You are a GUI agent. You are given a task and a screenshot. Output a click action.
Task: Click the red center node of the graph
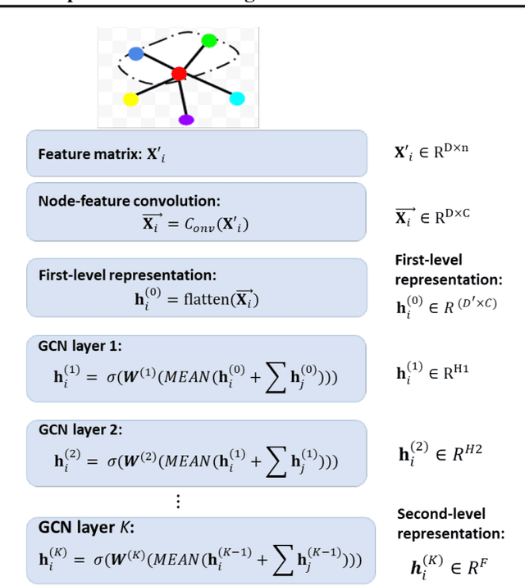[x=179, y=75]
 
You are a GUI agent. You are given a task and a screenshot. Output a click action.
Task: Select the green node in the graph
[x=209, y=40]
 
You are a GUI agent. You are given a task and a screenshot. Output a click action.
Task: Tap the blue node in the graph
[x=136, y=53]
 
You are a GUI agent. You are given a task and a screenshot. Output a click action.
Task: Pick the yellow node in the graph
[x=130, y=100]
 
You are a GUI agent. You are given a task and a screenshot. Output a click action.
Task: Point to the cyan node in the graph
[x=236, y=98]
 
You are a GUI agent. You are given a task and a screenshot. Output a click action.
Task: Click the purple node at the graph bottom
[x=186, y=120]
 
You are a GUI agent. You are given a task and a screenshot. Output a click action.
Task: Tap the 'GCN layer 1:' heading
[x=76, y=347]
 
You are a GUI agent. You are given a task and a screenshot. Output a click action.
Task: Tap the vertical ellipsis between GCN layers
[x=177, y=502]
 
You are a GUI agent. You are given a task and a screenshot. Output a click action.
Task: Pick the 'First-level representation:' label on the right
[x=448, y=270]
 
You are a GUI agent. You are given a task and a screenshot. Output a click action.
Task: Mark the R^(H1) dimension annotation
[x=431, y=373]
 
